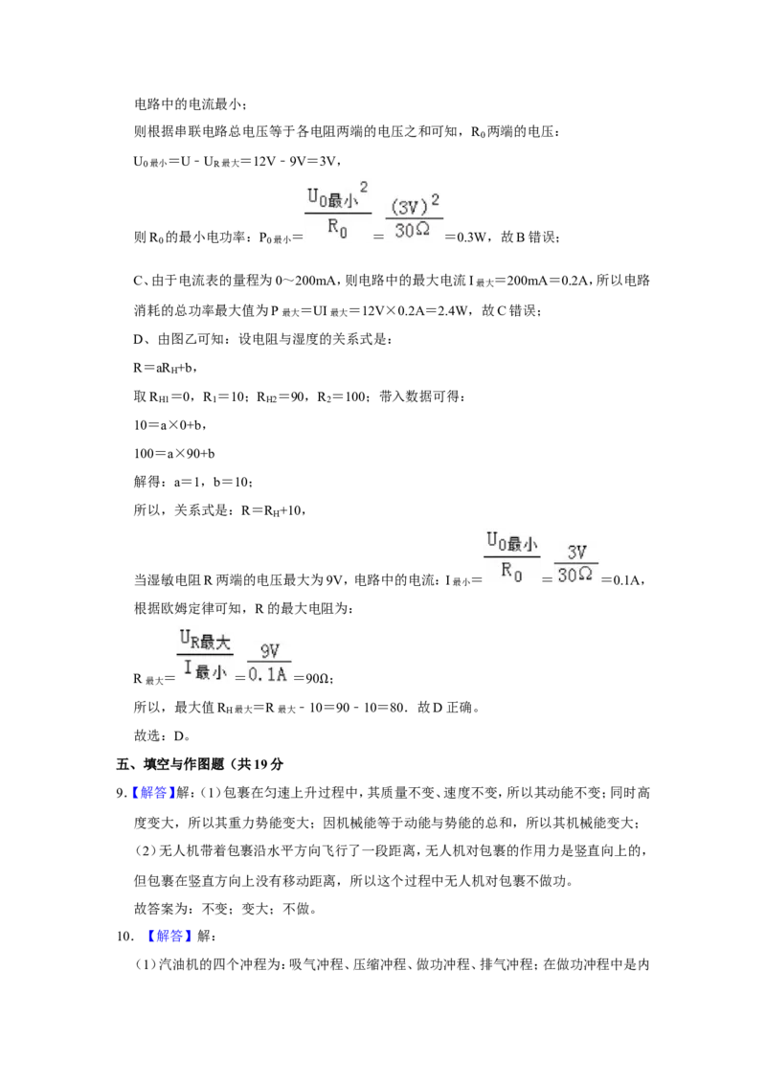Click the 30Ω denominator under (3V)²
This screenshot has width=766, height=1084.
pos(412,230)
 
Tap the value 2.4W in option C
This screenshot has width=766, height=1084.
pos(451,310)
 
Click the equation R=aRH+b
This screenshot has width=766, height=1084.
pos(167,369)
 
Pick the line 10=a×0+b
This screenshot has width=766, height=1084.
pos(170,425)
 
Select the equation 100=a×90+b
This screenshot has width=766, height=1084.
pos(174,454)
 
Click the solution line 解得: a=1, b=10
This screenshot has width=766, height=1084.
pos(192,483)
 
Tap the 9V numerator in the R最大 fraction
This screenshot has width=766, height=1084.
pos(270,651)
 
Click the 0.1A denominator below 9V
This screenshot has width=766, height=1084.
pos(267,674)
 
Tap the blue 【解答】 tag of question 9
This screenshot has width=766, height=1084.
pos(148,793)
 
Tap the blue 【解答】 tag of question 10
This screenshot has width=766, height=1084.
pos(169,937)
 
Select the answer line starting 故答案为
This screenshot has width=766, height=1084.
pos(225,909)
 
